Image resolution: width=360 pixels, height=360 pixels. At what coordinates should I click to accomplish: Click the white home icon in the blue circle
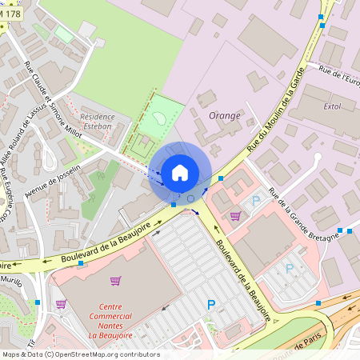[x=180, y=172]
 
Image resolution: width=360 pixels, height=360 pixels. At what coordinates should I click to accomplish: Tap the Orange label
[x=224, y=116]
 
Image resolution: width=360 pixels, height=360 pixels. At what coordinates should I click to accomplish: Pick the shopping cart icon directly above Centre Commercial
[x=115, y=281]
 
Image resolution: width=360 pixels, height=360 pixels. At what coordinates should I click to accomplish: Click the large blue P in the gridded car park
[x=211, y=304]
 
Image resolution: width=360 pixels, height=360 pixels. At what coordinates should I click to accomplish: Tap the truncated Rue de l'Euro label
[x=340, y=78]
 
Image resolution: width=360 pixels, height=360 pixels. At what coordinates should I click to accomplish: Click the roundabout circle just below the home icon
[x=190, y=198]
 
